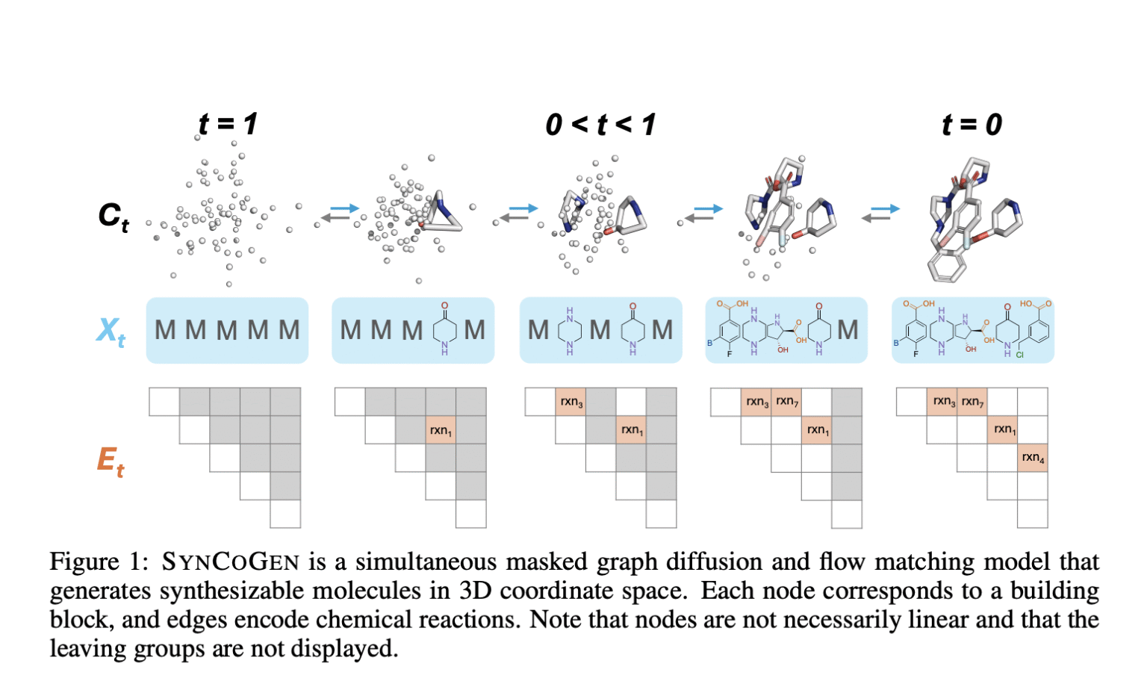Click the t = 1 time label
(228, 124)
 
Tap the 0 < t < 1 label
(600, 125)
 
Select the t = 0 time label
(972, 124)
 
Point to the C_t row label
(114, 216)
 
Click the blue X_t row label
(111, 330)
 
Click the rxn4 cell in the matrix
(1033, 458)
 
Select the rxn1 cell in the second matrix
(441, 430)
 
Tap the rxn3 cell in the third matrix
(571, 402)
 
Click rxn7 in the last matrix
(972, 402)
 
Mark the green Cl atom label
(1019, 355)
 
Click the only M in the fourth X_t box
(848, 330)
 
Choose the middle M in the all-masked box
(227, 330)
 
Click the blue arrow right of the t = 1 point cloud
(344, 208)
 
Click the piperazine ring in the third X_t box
(570, 330)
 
